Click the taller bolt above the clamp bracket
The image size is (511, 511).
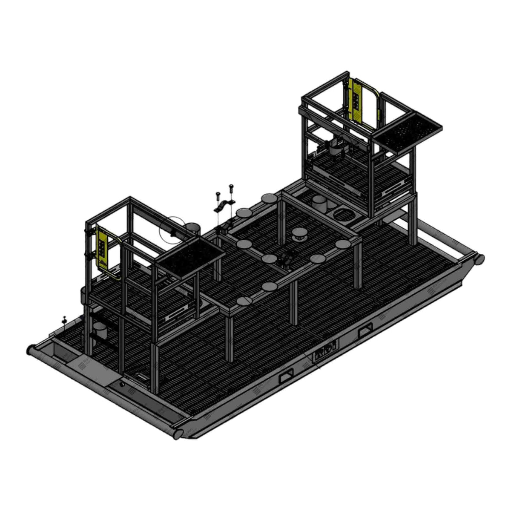(x=231, y=187)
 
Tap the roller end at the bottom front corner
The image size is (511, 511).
(x=177, y=433)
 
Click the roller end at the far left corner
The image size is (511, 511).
(x=31, y=350)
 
